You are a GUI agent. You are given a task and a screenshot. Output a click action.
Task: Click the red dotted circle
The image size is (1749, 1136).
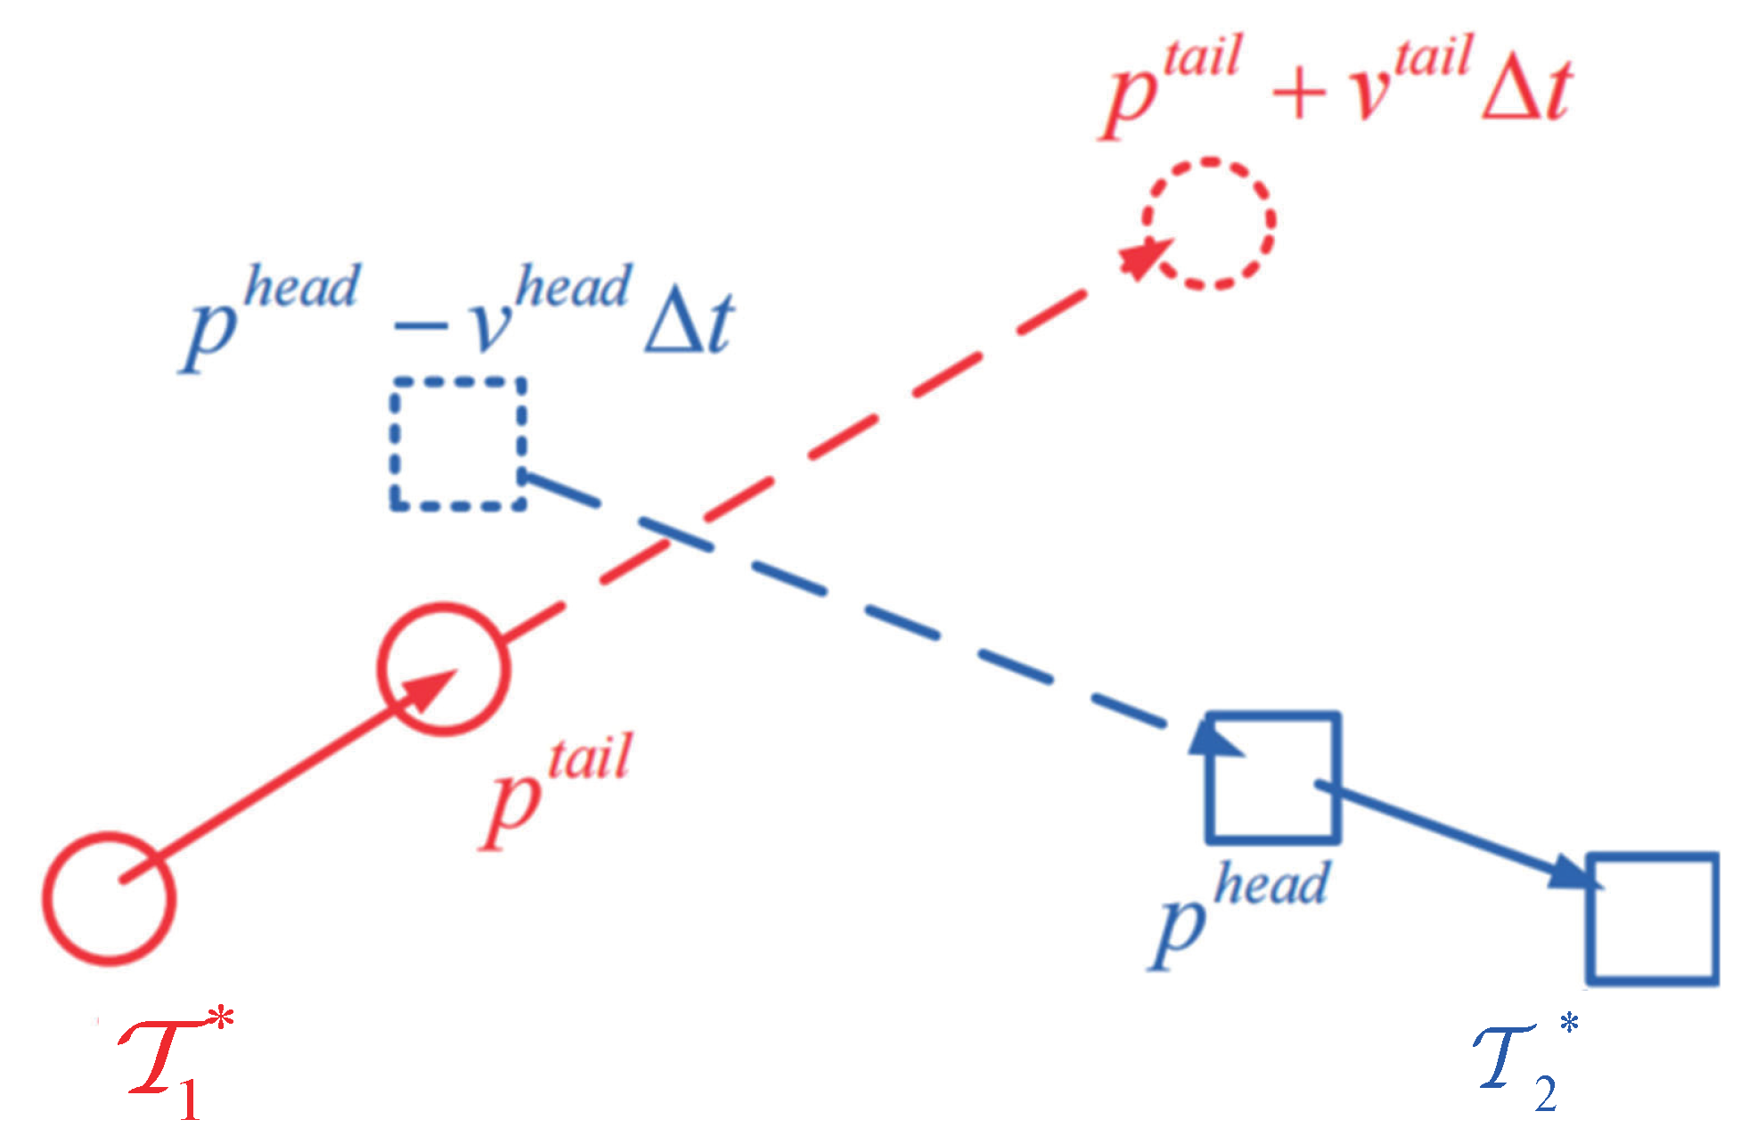click(x=1209, y=224)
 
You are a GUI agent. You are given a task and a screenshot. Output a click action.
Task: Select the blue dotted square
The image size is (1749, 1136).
click(x=458, y=444)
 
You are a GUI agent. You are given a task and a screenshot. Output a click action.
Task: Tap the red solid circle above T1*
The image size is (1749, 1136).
click(x=108, y=898)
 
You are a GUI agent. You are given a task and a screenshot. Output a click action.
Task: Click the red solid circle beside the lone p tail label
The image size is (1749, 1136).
click(x=444, y=668)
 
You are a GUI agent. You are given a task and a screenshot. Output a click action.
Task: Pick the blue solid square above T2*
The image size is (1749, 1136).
click(x=1653, y=919)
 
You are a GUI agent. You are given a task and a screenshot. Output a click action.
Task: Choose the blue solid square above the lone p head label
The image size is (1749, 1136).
click(x=1273, y=777)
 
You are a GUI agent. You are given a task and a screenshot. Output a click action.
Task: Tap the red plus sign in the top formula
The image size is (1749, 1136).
click(x=1298, y=92)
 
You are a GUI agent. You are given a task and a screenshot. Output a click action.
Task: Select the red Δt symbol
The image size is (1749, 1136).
click(x=1526, y=89)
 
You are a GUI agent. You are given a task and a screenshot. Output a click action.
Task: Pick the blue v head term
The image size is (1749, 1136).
click(x=552, y=307)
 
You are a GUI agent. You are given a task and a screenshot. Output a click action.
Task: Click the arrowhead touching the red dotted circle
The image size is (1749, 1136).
click(x=1144, y=258)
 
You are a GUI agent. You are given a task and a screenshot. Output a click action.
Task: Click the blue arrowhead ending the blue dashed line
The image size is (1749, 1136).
click(x=1214, y=740)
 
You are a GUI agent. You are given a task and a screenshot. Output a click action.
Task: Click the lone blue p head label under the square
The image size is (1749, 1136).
click(x=1238, y=913)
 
